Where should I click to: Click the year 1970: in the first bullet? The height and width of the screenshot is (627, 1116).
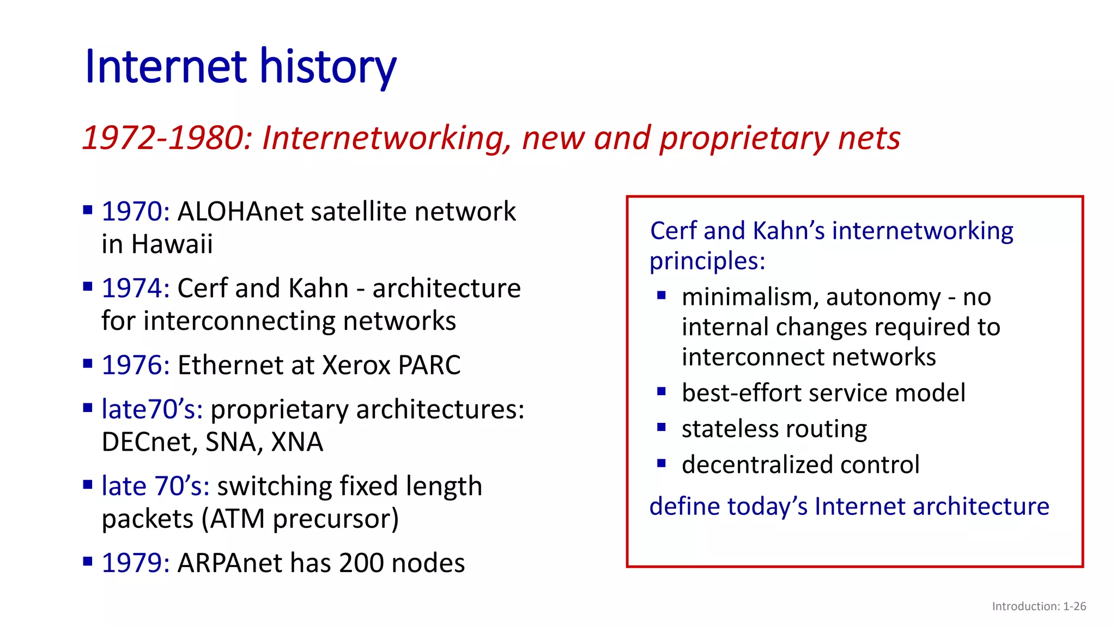(136, 212)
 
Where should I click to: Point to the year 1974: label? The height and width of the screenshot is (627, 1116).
(136, 288)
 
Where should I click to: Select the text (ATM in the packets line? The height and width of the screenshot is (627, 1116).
(234, 519)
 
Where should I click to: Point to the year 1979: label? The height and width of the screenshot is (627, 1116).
(136, 563)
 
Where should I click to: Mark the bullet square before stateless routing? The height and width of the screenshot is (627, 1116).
(662, 428)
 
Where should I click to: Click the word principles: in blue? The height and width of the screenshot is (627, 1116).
(707, 261)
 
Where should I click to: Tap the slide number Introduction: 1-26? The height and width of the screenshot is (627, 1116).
(1039, 606)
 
